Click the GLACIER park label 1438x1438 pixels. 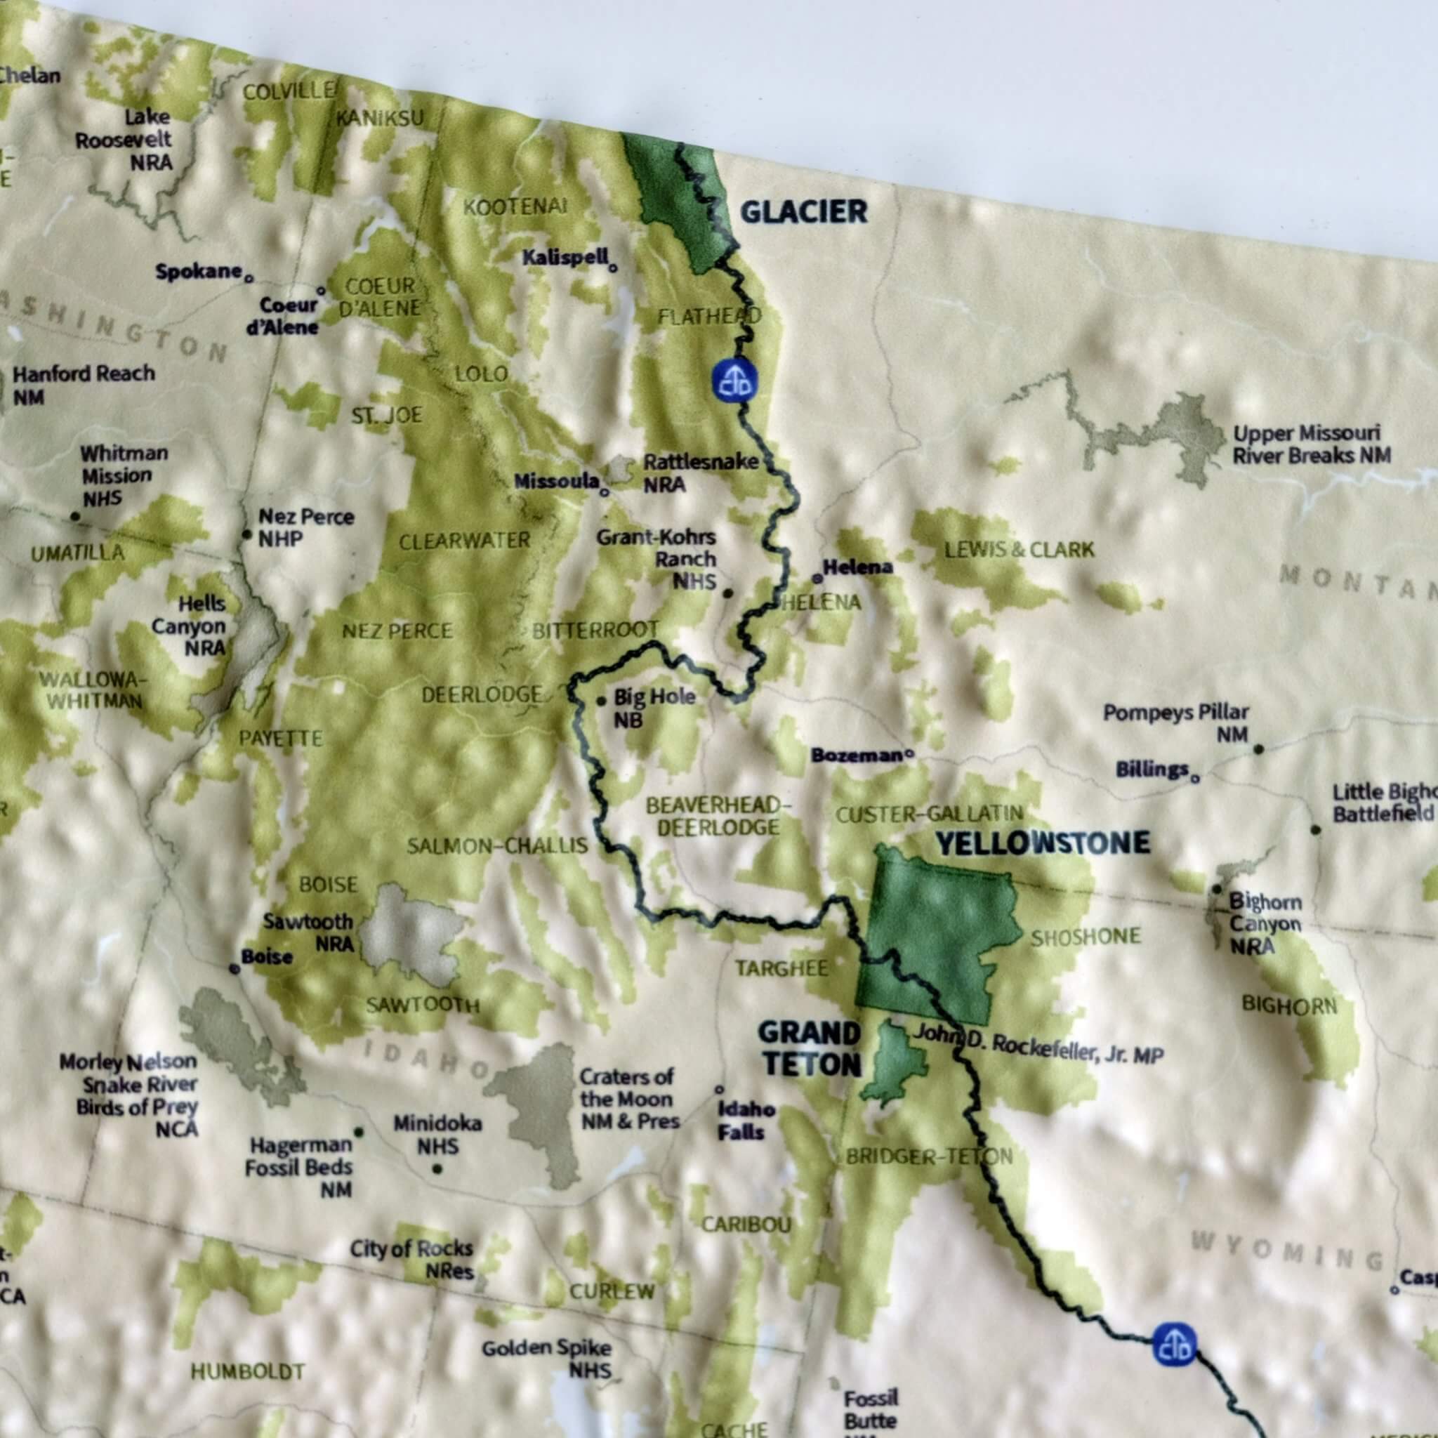804,212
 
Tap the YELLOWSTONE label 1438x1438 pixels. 1043,843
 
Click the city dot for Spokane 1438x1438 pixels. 249,278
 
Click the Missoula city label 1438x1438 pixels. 557,482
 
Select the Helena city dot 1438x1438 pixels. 817,578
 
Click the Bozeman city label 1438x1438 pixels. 856,756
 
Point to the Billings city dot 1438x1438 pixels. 1194,779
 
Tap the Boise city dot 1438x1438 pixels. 235,968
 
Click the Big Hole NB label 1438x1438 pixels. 654,707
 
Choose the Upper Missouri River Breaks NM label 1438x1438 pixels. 1311,444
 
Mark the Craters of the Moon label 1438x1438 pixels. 628,1099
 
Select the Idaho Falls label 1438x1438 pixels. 746,1120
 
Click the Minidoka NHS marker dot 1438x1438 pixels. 437,1169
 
